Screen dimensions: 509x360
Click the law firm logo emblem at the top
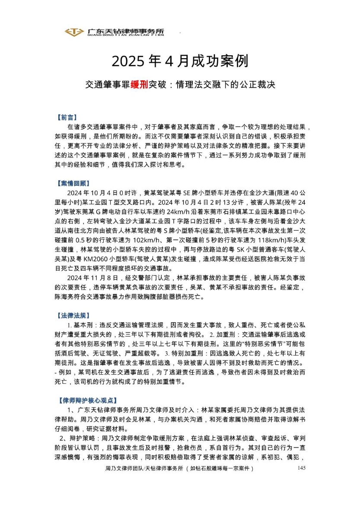click(x=74, y=32)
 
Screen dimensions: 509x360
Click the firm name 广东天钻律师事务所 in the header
click(x=126, y=30)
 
